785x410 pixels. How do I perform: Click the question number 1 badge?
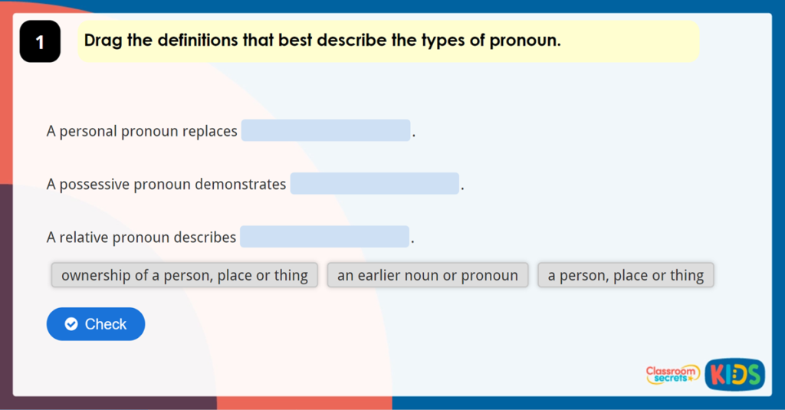40,42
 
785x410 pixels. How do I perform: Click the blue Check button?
96,324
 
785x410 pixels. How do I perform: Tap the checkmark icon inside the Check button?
71,324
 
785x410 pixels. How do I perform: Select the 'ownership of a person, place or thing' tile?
184,275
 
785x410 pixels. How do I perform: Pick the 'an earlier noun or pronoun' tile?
427,275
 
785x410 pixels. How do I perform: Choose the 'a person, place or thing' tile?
626,275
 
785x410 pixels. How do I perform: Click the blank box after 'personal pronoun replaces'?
326,131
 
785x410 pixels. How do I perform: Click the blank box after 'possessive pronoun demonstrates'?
374,184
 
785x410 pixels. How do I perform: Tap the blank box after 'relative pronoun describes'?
324,237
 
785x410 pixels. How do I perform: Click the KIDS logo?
734,374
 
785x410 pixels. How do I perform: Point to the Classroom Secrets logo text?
672,374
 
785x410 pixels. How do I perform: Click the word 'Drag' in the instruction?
103,41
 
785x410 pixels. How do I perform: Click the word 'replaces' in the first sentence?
209,132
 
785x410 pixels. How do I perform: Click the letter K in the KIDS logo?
717,375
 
